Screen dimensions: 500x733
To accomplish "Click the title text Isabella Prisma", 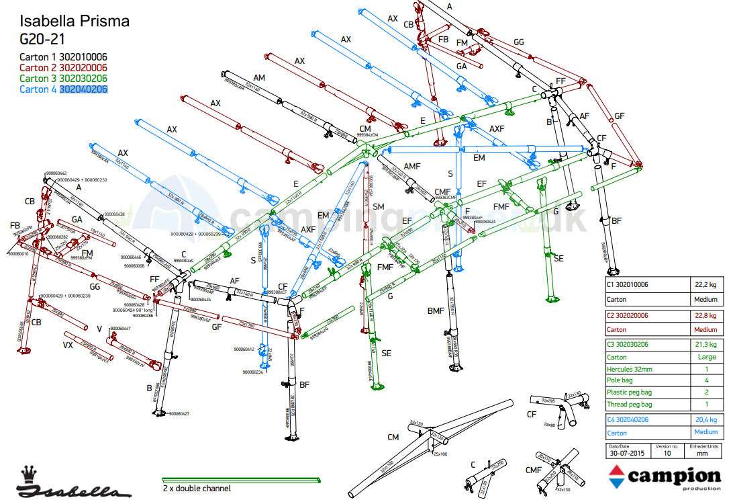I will click(x=74, y=22).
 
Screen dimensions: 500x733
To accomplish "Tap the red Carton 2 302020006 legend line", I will click(x=63, y=67).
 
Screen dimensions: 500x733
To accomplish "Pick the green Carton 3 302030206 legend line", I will click(x=63, y=78).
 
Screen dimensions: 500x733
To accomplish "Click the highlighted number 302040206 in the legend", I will click(x=84, y=89).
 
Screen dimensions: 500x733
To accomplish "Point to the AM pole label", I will click(x=259, y=77).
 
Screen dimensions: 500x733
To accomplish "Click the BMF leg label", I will click(x=436, y=310).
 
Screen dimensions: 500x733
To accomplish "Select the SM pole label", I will click(x=379, y=206).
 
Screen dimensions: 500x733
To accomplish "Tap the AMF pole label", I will click(x=411, y=166).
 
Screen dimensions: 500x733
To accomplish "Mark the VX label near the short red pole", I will click(x=68, y=345).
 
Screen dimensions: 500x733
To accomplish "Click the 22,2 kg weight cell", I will click(x=705, y=285).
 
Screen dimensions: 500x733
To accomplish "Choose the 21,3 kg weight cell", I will click(x=705, y=345).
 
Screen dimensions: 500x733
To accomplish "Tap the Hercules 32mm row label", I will click(x=629, y=369).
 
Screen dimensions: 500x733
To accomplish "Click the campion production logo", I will click(x=665, y=476).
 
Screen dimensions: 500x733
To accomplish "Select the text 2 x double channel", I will click(x=197, y=488).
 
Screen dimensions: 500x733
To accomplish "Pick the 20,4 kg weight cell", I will click(x=705, y=420).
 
